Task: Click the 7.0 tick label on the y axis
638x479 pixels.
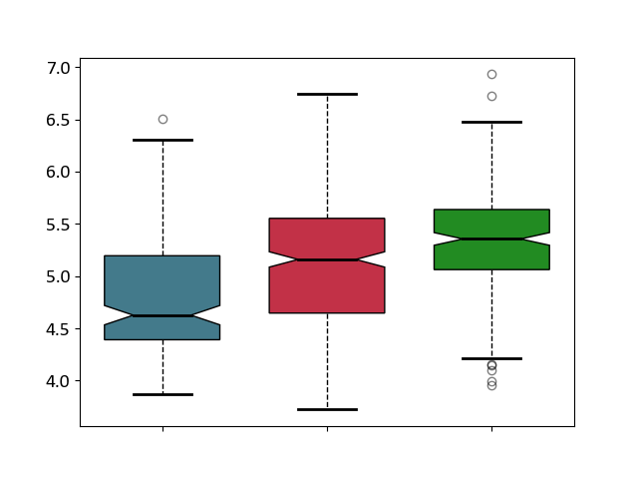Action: tap(58, 68)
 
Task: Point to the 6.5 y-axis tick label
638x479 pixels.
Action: tap(58, 121)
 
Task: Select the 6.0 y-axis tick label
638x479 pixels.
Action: tap(58, 173)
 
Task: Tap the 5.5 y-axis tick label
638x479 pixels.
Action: tap(58, 225)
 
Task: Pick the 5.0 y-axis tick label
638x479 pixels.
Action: tap(58, 277)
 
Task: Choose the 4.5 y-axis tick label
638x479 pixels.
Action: tap(58, 329)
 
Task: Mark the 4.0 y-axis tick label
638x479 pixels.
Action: tap(58, 381)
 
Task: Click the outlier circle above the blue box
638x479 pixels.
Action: tap(163, 120)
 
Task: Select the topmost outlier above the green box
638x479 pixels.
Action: tap(491, 75)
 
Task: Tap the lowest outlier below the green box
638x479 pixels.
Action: tap(491, 385)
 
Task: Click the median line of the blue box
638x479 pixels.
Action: tap(162, 315)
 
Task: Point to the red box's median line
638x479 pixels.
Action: tap(327, 259)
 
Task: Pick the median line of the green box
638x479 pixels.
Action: tap(491, 239)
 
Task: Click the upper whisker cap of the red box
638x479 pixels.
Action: tap(328, 95)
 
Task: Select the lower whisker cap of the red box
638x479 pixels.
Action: tap(328, 409)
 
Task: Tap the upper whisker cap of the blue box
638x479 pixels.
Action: tap(163, 140)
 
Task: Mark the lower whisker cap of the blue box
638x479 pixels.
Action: tap(163, 395)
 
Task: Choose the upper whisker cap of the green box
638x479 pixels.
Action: tap(491, 122)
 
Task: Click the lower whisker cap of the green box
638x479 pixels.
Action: tap(491, 359)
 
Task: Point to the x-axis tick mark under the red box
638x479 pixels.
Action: tap(328, 429)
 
